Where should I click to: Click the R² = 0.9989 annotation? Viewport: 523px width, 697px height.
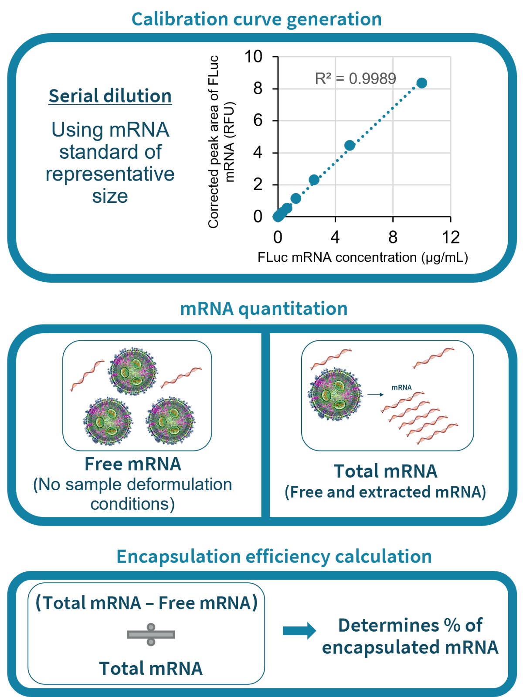click(x=355, y=79)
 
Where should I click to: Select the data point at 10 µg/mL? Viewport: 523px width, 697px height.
click(x=421, y=83)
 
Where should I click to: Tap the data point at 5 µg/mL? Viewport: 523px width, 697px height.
click(x=350, y=145)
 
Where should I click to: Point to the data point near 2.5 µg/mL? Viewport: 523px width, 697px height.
click(x=314, y=180)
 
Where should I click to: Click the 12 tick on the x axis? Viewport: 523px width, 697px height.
click(x=450, y=237)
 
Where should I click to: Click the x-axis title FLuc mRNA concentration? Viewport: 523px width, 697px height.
click(x=363, y=257)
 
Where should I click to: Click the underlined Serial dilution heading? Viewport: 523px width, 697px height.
click(x=110, y=96)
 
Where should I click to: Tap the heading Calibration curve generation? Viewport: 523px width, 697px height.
click(x=256, y=19)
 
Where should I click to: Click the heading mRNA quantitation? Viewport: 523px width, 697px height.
click(x=264, y=308)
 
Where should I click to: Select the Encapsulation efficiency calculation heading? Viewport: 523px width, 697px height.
click(x=274, y=557)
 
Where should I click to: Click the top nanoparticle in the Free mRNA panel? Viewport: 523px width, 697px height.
click(x=133, y=371)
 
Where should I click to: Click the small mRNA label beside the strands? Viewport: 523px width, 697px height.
click(x=401, y=387)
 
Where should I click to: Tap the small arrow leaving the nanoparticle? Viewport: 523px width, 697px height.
click(x=375, y=395)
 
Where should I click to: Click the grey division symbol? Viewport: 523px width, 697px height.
click(x=151, y=634)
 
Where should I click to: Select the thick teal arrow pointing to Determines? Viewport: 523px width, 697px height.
click(x=299, y=631)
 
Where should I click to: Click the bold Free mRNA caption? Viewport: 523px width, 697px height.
click(x=133, y=464)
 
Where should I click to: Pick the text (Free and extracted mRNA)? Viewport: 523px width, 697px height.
click(x=385, y=492)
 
